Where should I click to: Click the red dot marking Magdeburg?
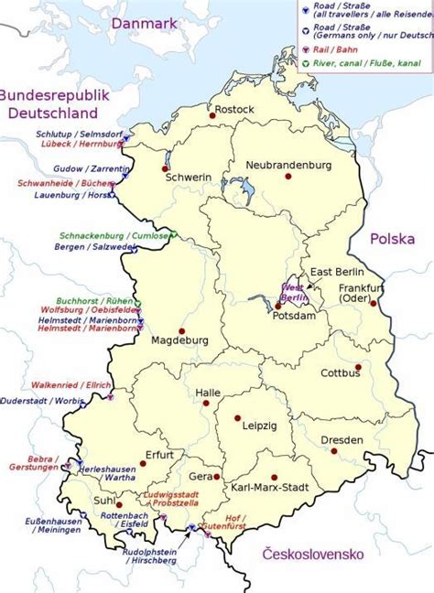(x=182, y=330)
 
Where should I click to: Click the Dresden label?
(x=342, y=440)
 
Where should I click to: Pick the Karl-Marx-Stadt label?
(x=263, y=488)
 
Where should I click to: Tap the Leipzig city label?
(x=258, y=426)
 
